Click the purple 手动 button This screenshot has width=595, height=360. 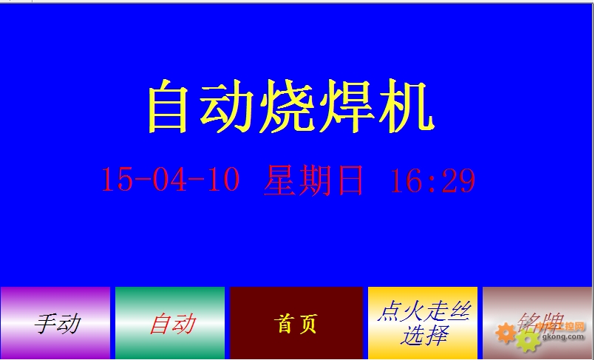point(55,323)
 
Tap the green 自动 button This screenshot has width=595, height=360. point(170,323)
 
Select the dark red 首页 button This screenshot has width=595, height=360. point(296,323)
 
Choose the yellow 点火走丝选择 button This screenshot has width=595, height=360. point(423,323)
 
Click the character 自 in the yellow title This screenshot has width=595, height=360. point(168,106)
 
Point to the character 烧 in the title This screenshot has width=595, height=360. point(288,106)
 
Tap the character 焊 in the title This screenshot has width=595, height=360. point(346,106)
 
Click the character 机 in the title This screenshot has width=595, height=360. point(406,106)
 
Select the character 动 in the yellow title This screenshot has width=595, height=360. point(227,106)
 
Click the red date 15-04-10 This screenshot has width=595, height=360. point(171,180)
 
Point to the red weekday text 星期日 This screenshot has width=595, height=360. point(313,180)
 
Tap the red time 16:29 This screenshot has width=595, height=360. point(433,180)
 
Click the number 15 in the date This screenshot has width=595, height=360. point(118,180)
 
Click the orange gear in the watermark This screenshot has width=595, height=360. point(506,333)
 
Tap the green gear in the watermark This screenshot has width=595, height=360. point(528,341)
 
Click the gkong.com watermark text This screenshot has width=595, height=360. point(562,336)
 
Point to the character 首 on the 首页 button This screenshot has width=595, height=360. point(282,324)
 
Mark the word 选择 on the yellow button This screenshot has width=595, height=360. point(424,336)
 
